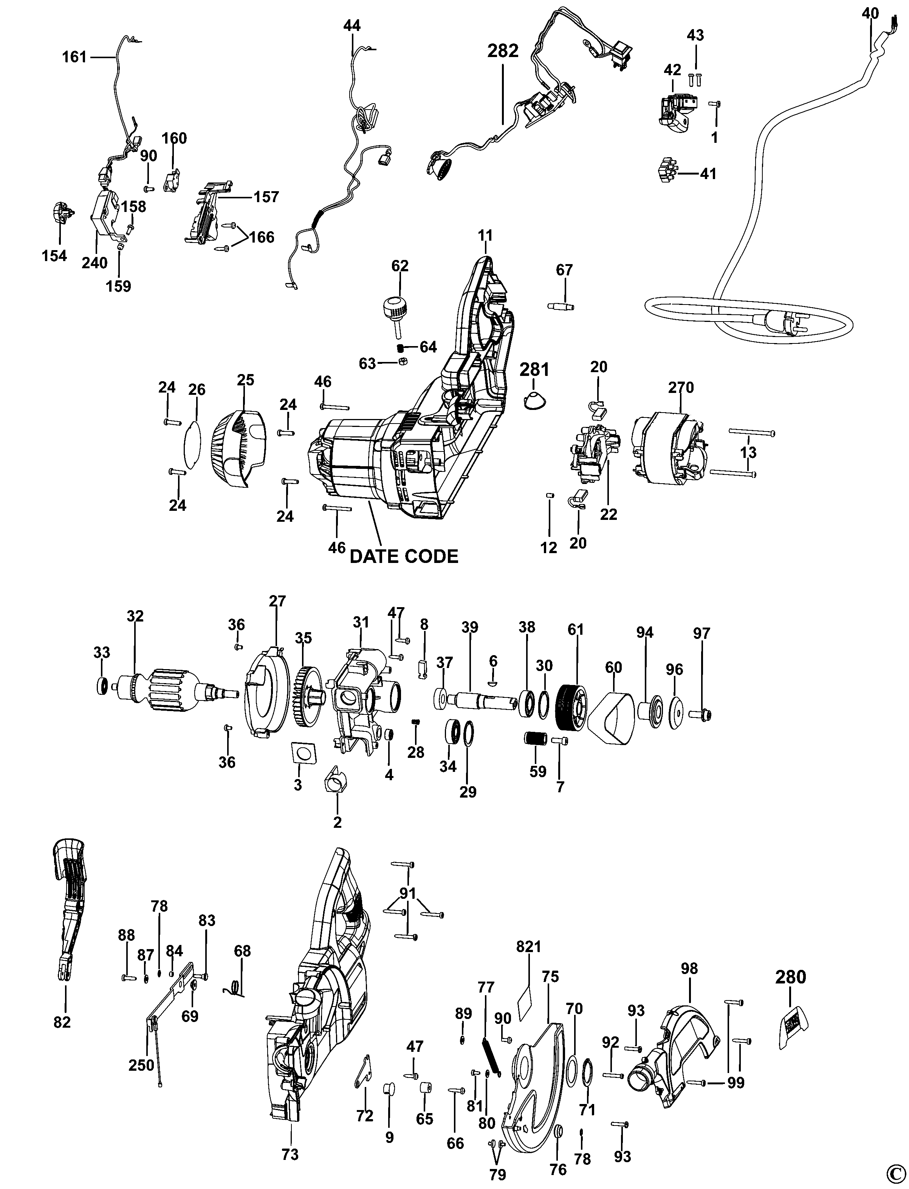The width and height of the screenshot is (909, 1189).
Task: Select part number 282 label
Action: [503, 51]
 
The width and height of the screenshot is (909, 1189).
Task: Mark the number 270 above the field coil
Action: [681, 388]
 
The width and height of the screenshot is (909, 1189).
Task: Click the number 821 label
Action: [529, 946]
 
